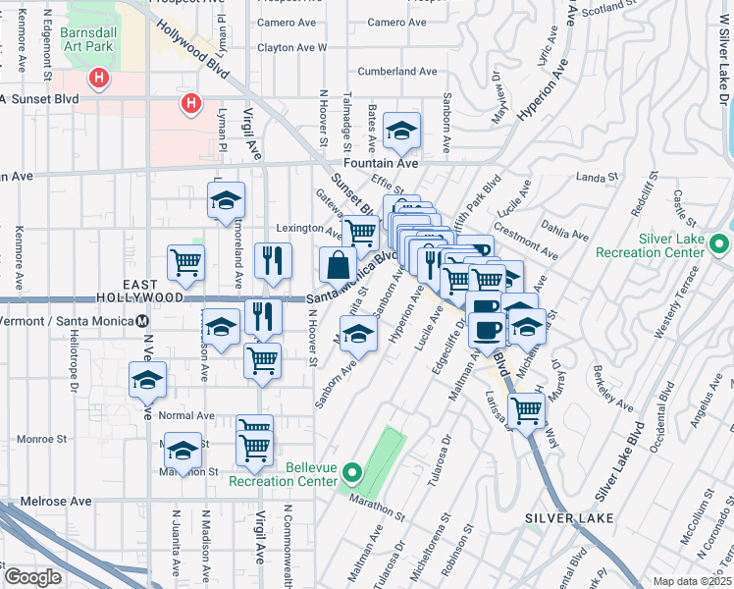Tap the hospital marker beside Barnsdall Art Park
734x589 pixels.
[97, 77]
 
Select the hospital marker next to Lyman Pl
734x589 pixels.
[191, 102]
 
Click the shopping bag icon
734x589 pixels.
[338, 264]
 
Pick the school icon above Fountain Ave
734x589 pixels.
[400, 129]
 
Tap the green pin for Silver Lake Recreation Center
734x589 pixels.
[719, 243]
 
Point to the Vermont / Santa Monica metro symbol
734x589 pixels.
[142, 321]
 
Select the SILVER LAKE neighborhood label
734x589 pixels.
[569, 517]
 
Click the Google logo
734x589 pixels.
[32, 577]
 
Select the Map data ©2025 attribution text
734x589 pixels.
[692, 581]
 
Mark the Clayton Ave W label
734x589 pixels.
[291, 47]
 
